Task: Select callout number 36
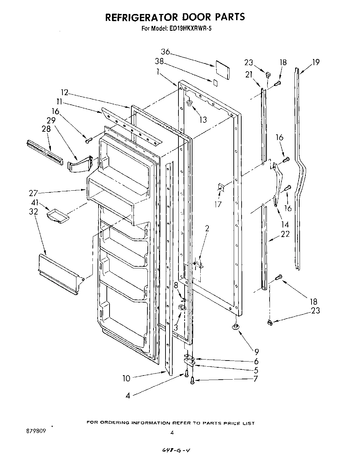pos(165,52)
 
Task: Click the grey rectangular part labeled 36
pos(222,70)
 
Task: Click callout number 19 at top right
pos(316,62)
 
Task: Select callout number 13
pos(203,120)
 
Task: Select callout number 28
pos(46,129)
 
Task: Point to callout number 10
pos(126,378)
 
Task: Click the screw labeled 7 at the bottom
pos(193,379)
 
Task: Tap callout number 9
pos(256,352)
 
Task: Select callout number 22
pos(285,234)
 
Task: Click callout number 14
pos(285,224)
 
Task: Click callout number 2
pos(207,229)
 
